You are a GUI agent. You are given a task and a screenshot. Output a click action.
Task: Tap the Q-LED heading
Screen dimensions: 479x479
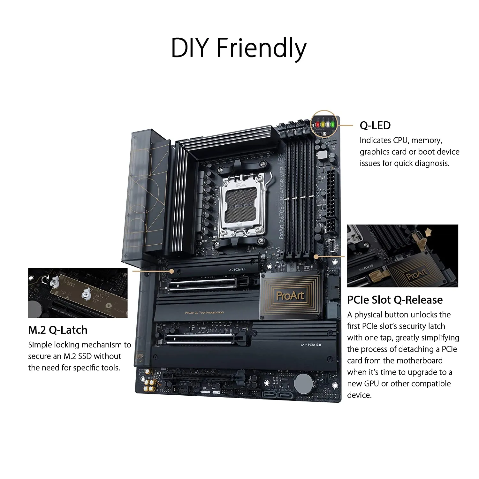(375, 125)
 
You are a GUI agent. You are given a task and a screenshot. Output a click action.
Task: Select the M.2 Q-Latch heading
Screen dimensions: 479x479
(58, 330)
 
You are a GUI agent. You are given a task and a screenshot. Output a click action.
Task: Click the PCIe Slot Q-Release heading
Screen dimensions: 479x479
(395, 300)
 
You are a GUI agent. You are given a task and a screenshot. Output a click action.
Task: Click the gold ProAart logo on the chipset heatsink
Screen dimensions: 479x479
(290, 295)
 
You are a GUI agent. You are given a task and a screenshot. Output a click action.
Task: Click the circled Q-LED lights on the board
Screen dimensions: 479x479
(324, 124)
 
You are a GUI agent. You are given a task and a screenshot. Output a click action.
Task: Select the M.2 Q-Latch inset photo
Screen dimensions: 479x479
(78, 293)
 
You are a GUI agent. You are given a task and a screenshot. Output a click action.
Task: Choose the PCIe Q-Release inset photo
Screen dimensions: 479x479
(402, 256)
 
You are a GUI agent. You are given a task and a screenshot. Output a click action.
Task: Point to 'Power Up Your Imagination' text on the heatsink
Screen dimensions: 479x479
(204, 312)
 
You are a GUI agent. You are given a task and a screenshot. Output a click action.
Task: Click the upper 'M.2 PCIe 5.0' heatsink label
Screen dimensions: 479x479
(237, 270)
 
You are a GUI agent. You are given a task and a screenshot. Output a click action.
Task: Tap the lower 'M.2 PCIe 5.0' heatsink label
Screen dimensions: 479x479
(311, 345)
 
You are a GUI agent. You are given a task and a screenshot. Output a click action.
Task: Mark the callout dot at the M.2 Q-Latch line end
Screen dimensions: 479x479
(171, 271)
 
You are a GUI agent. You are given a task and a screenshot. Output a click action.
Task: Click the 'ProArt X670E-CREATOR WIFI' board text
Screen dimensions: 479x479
(282, 204)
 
